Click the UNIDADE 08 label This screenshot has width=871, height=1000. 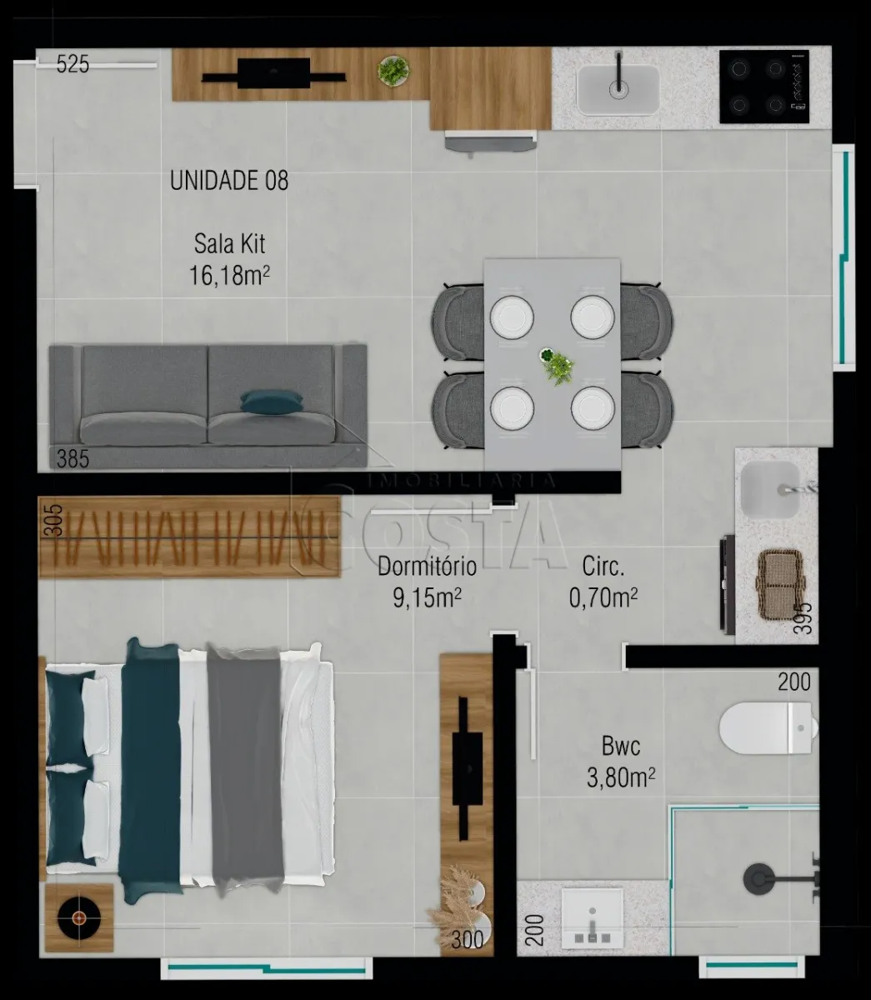[228, 180]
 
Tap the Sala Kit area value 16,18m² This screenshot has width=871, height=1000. [229, 276]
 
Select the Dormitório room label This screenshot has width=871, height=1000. [427, 567]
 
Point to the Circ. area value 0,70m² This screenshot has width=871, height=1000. [603, 597]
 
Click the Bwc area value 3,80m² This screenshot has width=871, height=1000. [621, 777]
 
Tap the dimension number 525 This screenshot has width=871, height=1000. [73, 64]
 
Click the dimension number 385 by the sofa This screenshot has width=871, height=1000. [73, 459]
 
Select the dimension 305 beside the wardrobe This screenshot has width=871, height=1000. [56, 520]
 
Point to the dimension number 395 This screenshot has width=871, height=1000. [802, 617]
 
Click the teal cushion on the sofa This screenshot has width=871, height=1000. [272, 402]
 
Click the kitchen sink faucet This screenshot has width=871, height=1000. [619, 73]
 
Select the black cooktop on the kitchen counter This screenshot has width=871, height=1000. [764, 87]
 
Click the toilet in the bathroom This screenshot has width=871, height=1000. [768, 727]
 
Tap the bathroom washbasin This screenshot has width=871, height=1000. [593, 917]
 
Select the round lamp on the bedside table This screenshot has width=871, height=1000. [78, 918]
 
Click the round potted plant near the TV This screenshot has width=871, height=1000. [393, 72]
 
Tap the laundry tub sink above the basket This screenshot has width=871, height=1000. [770, 490]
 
